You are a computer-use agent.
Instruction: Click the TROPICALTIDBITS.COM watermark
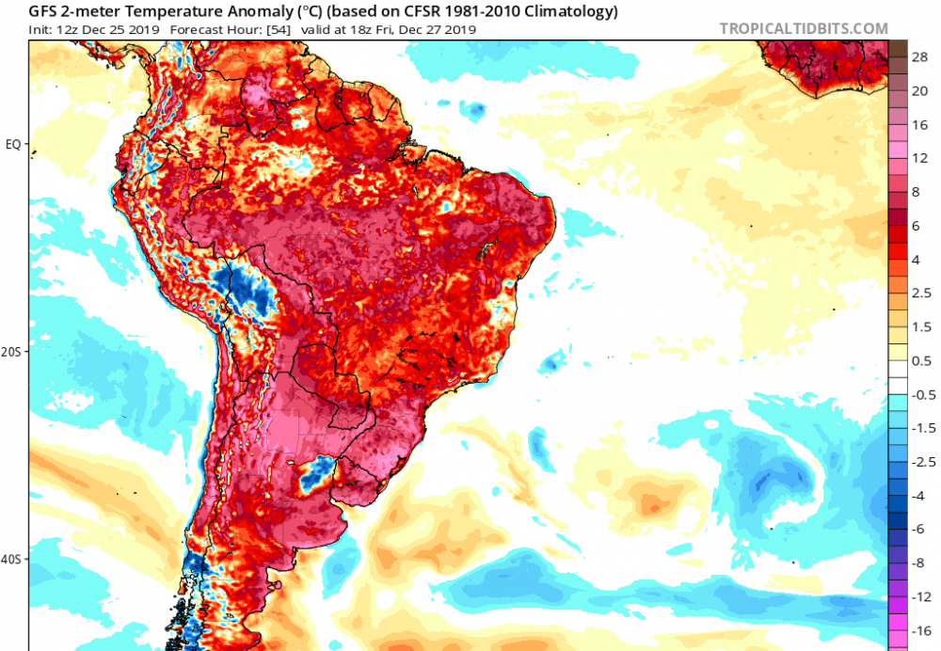[x=804, y=29]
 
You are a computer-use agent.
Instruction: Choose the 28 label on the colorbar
[x=920, y=57]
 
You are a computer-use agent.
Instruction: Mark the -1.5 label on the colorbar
[x=922, y=428]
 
